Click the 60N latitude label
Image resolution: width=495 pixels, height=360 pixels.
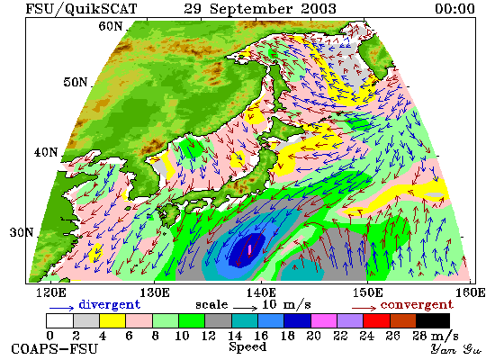[x=111, y=26]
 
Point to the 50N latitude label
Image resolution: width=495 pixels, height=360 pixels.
[x=76, y=82]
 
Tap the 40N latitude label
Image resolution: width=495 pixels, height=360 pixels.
[x=46, y=152]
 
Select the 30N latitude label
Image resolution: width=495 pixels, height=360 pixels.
[x=22, y=232]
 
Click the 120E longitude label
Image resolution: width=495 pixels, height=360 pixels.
[x=51, y=292]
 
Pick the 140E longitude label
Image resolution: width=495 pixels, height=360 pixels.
[x=261, y=292]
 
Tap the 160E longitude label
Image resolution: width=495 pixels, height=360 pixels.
[x=471, y=292]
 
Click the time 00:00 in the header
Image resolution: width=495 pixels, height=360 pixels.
[x=454, y=8]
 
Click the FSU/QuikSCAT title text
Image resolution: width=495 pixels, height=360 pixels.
[x=81, y=9]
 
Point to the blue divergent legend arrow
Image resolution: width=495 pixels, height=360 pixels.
[x=61, y=308]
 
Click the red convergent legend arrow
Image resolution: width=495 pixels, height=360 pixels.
[x=364, y=308]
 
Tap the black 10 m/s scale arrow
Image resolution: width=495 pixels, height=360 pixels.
[x=246, y=308]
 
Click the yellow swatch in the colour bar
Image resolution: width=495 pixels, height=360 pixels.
[x=112, y=320]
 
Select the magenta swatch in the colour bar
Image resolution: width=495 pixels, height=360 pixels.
[x=324, y=320]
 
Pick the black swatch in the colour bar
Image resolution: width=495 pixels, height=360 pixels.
[x=433, y=320]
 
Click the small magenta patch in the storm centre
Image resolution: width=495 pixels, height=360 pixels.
[x=250, y=250]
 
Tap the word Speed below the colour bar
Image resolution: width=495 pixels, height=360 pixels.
[x=247, y=347]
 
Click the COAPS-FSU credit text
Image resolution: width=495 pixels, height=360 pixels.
[x=55, y=349]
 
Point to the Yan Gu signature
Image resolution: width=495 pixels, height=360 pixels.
[x=455, y=349]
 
